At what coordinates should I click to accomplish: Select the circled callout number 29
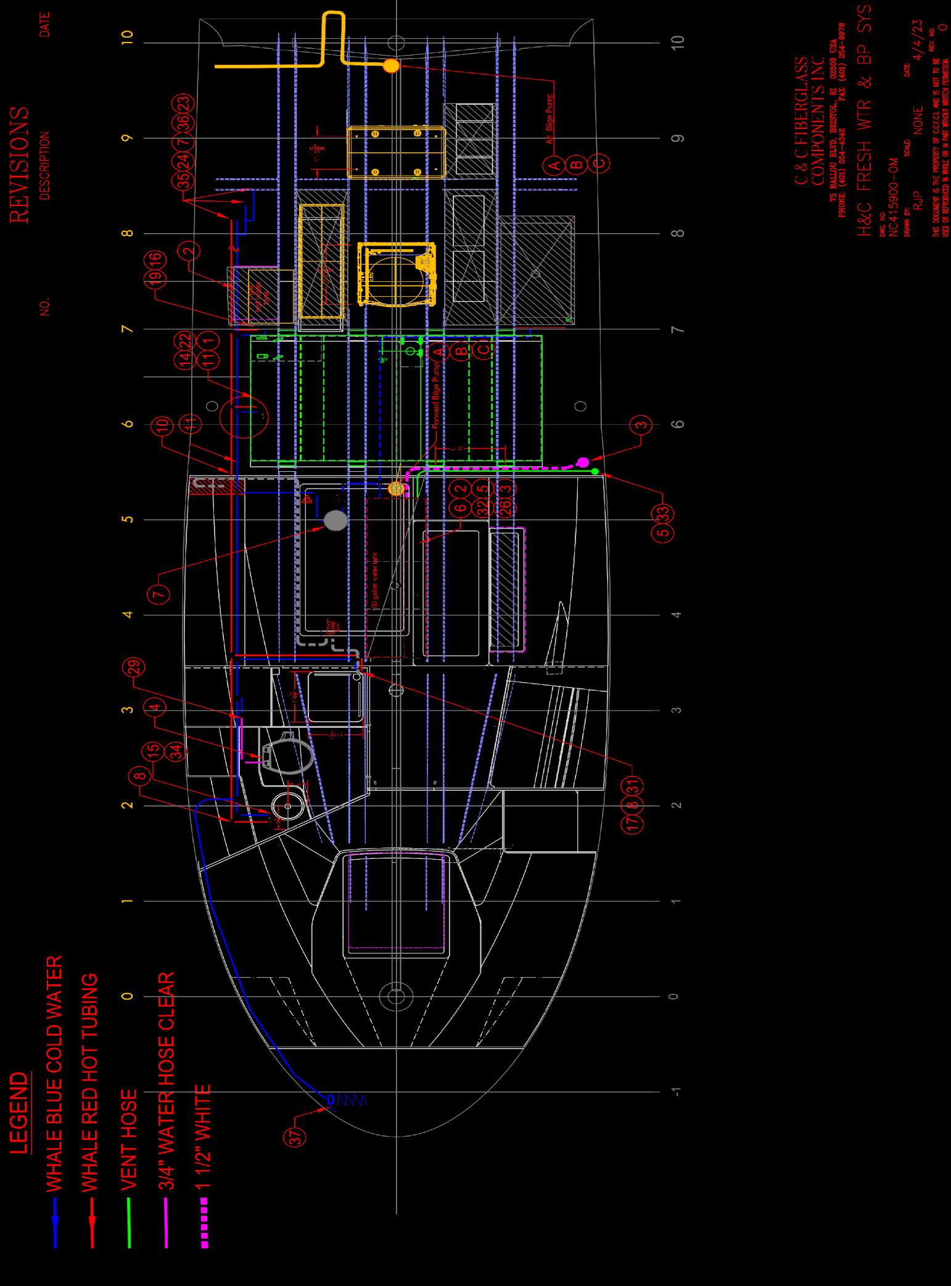tap(135, 667)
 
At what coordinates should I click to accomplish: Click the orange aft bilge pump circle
tap(391, 66)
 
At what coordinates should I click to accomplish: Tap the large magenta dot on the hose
tap(582, 461)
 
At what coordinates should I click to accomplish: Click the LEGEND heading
tap(20, 1112)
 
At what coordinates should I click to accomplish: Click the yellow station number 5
tap(128, 519)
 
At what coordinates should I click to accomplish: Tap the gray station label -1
tap(677, 1092)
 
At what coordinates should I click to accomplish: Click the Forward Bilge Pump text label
tap(436, 395)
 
